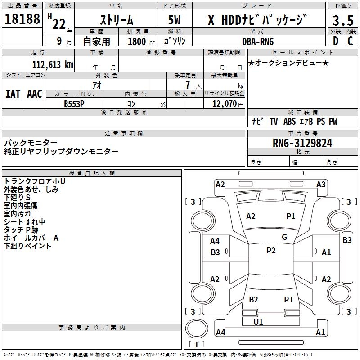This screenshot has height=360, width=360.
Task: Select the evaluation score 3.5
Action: [342, 20]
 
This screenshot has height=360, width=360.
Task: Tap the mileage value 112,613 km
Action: [53, 65]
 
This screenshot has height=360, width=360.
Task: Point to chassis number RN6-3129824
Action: [302, 143]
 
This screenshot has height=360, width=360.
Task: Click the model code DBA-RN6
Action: [257, 41]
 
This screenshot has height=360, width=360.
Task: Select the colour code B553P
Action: [75, 103]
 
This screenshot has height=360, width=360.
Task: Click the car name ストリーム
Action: [116, 20]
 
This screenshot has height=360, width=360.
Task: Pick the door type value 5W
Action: [175, 20]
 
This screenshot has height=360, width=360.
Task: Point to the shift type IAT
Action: [13, 94]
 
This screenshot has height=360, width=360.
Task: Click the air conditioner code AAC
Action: [34, 94]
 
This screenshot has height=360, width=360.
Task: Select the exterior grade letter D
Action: [335, 41]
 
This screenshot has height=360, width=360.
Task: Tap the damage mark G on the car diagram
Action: [284, 237]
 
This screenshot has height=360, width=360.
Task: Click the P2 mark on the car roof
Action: [271, 251]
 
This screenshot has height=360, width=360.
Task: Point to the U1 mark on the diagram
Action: [258, 322]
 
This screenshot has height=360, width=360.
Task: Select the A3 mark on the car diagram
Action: [321, 184]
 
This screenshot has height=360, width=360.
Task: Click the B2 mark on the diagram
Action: [253, 299]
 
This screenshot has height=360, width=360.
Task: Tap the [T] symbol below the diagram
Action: [197, 344]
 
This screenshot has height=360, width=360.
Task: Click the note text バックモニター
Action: [31, 143]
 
